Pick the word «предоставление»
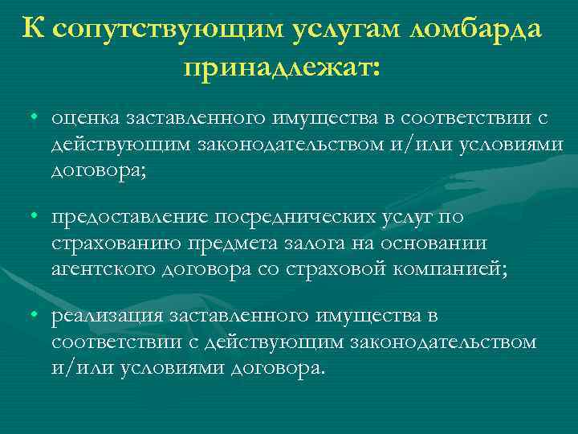(128, 217)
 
